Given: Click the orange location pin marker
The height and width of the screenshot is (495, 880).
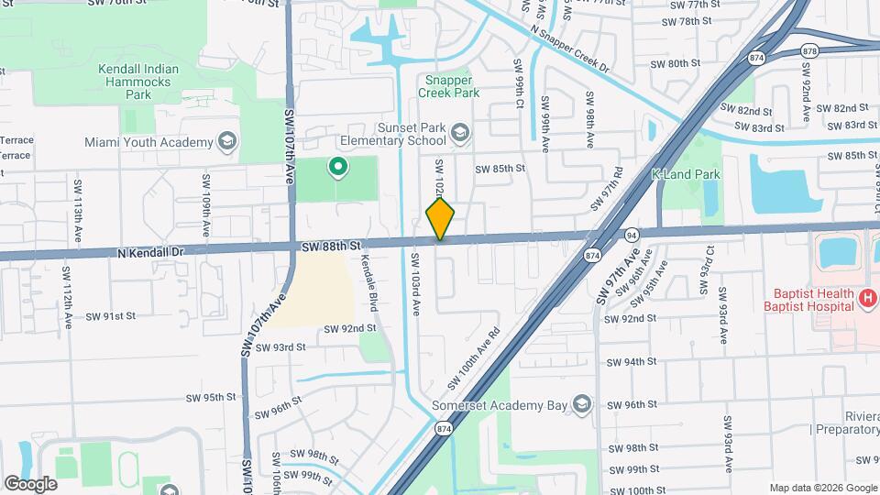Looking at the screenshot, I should pos(440,220).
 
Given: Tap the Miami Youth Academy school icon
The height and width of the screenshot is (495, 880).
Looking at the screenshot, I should pos(227,142).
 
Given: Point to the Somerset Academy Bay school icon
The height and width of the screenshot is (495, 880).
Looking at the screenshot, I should pos(580,404).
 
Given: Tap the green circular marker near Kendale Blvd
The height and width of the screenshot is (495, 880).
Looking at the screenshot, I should pos(337,167).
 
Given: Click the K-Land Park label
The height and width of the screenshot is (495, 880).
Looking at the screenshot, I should pos(686,174).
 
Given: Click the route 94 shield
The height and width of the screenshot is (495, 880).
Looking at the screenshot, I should pos(631,235).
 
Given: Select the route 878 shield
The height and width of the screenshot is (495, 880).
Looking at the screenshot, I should pos(809,51).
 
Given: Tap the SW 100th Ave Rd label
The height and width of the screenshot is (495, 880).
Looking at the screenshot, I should pos(474,357).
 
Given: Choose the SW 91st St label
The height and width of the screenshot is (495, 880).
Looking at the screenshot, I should pos(111,315).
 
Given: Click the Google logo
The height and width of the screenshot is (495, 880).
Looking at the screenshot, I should pos(30,483).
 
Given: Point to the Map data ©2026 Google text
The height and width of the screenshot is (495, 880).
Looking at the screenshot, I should pos(821,488).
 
